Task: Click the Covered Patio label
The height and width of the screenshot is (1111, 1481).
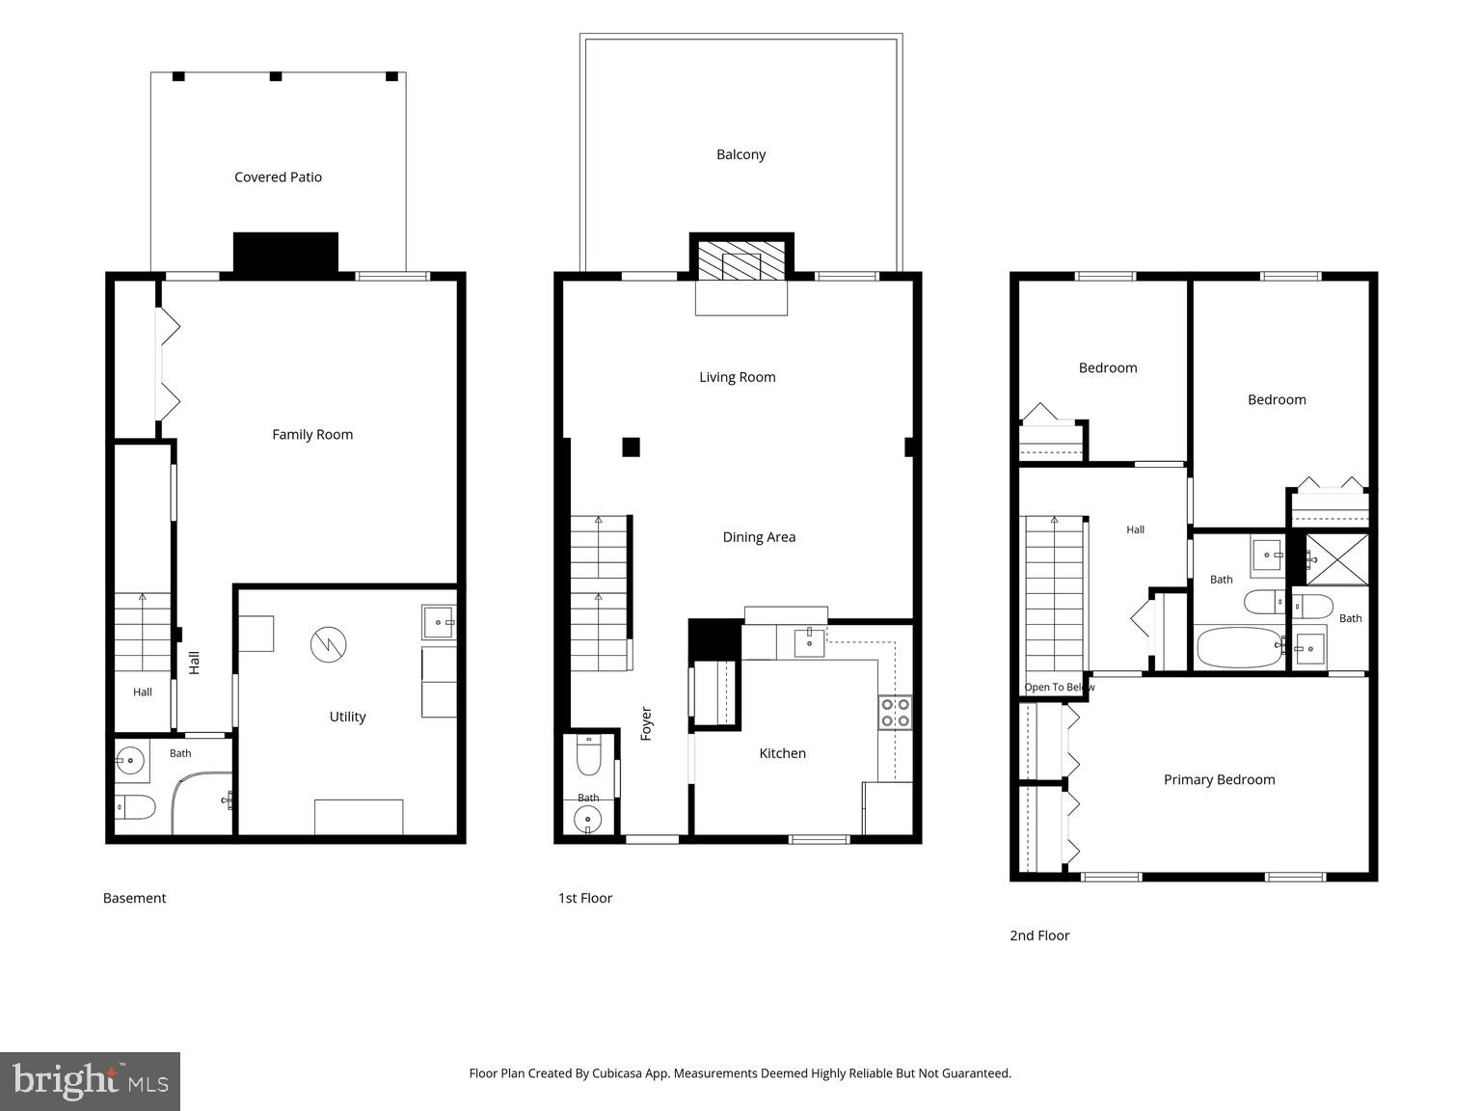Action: coord(278,177)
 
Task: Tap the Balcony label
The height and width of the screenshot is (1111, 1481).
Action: coord(740,155)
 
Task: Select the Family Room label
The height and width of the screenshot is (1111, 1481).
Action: coord(312,435)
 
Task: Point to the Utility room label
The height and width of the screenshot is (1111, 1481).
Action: coord(347,718)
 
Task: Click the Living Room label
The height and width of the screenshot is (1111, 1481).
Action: coord(738,378)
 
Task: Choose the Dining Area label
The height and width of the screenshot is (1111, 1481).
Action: coord(759,537)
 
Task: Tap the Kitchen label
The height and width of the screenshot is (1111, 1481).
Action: coord(783,753)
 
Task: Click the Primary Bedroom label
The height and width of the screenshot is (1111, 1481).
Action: coord(1219,780)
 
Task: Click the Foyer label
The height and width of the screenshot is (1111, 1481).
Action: coord(646,724)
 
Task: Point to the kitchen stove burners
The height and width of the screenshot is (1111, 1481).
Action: coord(896,713)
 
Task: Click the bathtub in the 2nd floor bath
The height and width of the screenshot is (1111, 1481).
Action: coord(1240,647)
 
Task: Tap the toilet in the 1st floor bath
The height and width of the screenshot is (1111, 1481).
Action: coord(588,755)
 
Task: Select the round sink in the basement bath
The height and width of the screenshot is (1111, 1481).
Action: coord(130,761)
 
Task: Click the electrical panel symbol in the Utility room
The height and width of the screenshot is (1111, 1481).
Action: coord(329,645)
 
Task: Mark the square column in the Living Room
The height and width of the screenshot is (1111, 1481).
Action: coord(631,447)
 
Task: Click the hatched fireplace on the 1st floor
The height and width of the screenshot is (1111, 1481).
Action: coord(741,261)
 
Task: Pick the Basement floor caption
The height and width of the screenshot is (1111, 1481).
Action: coord(134,899)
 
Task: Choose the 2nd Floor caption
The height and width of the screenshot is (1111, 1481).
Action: coord(1039,935)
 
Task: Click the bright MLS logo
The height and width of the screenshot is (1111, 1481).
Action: coord(90,1081)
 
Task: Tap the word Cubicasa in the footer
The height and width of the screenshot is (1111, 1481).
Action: coord(617,1073)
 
